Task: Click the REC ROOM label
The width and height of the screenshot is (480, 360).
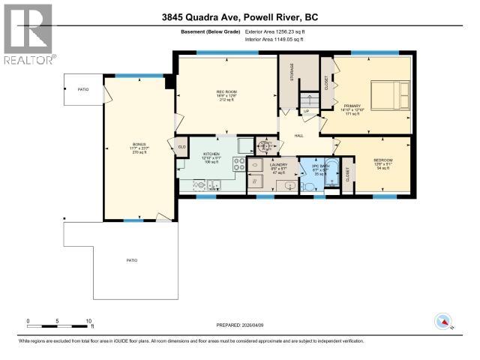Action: tap(226, 92)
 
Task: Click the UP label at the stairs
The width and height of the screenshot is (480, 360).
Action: tap(306, 112)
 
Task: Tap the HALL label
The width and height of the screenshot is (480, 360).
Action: tap(298, 136)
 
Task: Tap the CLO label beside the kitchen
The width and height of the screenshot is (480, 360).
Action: tap(181, 145)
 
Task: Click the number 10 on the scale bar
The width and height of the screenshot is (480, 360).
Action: tap(89, 320)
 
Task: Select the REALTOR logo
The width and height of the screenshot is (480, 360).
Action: tap(28, 33)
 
